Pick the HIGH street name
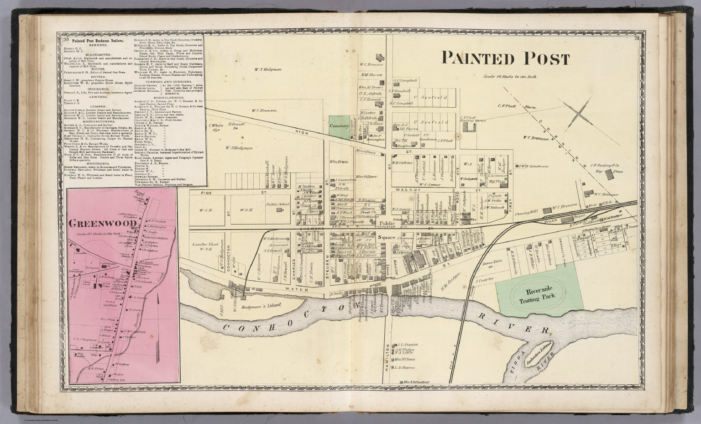coord(298,131)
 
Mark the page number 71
coord(637,38)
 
